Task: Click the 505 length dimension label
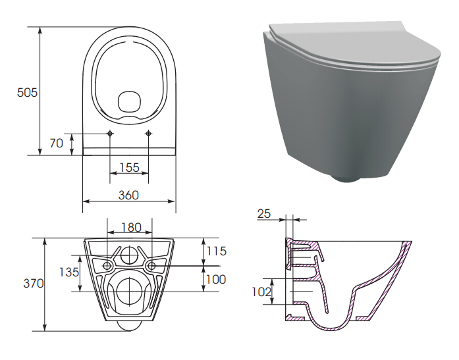[x=27, y=92]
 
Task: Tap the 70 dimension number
[x=56, y=143]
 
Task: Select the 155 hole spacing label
[x=129, y=168]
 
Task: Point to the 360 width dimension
[x=128, y=195]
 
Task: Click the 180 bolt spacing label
[x=132, y=227]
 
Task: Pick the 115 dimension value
[x=217, y=251]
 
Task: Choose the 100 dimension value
[x=216, y=280]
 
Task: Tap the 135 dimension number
[x=69, y=272]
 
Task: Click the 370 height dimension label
[x=34, y=284]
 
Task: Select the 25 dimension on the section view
[x=264, y=214]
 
